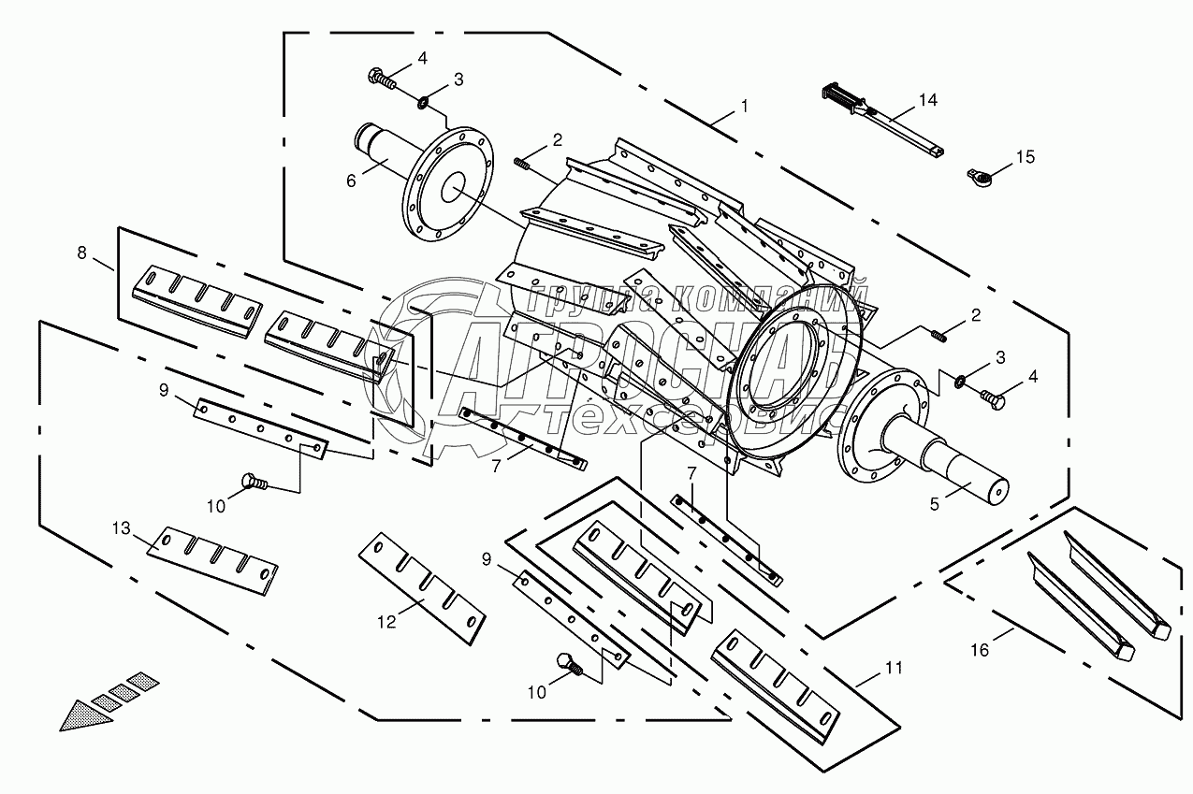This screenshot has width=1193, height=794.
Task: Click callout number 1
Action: (x=745, y=107)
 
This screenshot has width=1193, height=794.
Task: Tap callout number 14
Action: (x=926, y=99)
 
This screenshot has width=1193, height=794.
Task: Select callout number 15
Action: (x=1026, y=156)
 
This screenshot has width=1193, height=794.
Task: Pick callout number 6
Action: (x=351, y=180)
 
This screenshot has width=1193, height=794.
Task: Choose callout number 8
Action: (x=81, y=252)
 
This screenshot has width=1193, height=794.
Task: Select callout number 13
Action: (x=122, y=528)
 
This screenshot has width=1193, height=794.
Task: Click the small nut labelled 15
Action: (x=976, y=173)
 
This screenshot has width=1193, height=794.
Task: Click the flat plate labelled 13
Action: (x=213, y=558)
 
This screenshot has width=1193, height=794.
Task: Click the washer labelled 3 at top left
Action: (x=424, y=100)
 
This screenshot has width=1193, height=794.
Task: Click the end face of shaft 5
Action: (x=998, y=489)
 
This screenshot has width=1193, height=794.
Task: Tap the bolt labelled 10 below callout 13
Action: (x=252, y=481)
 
